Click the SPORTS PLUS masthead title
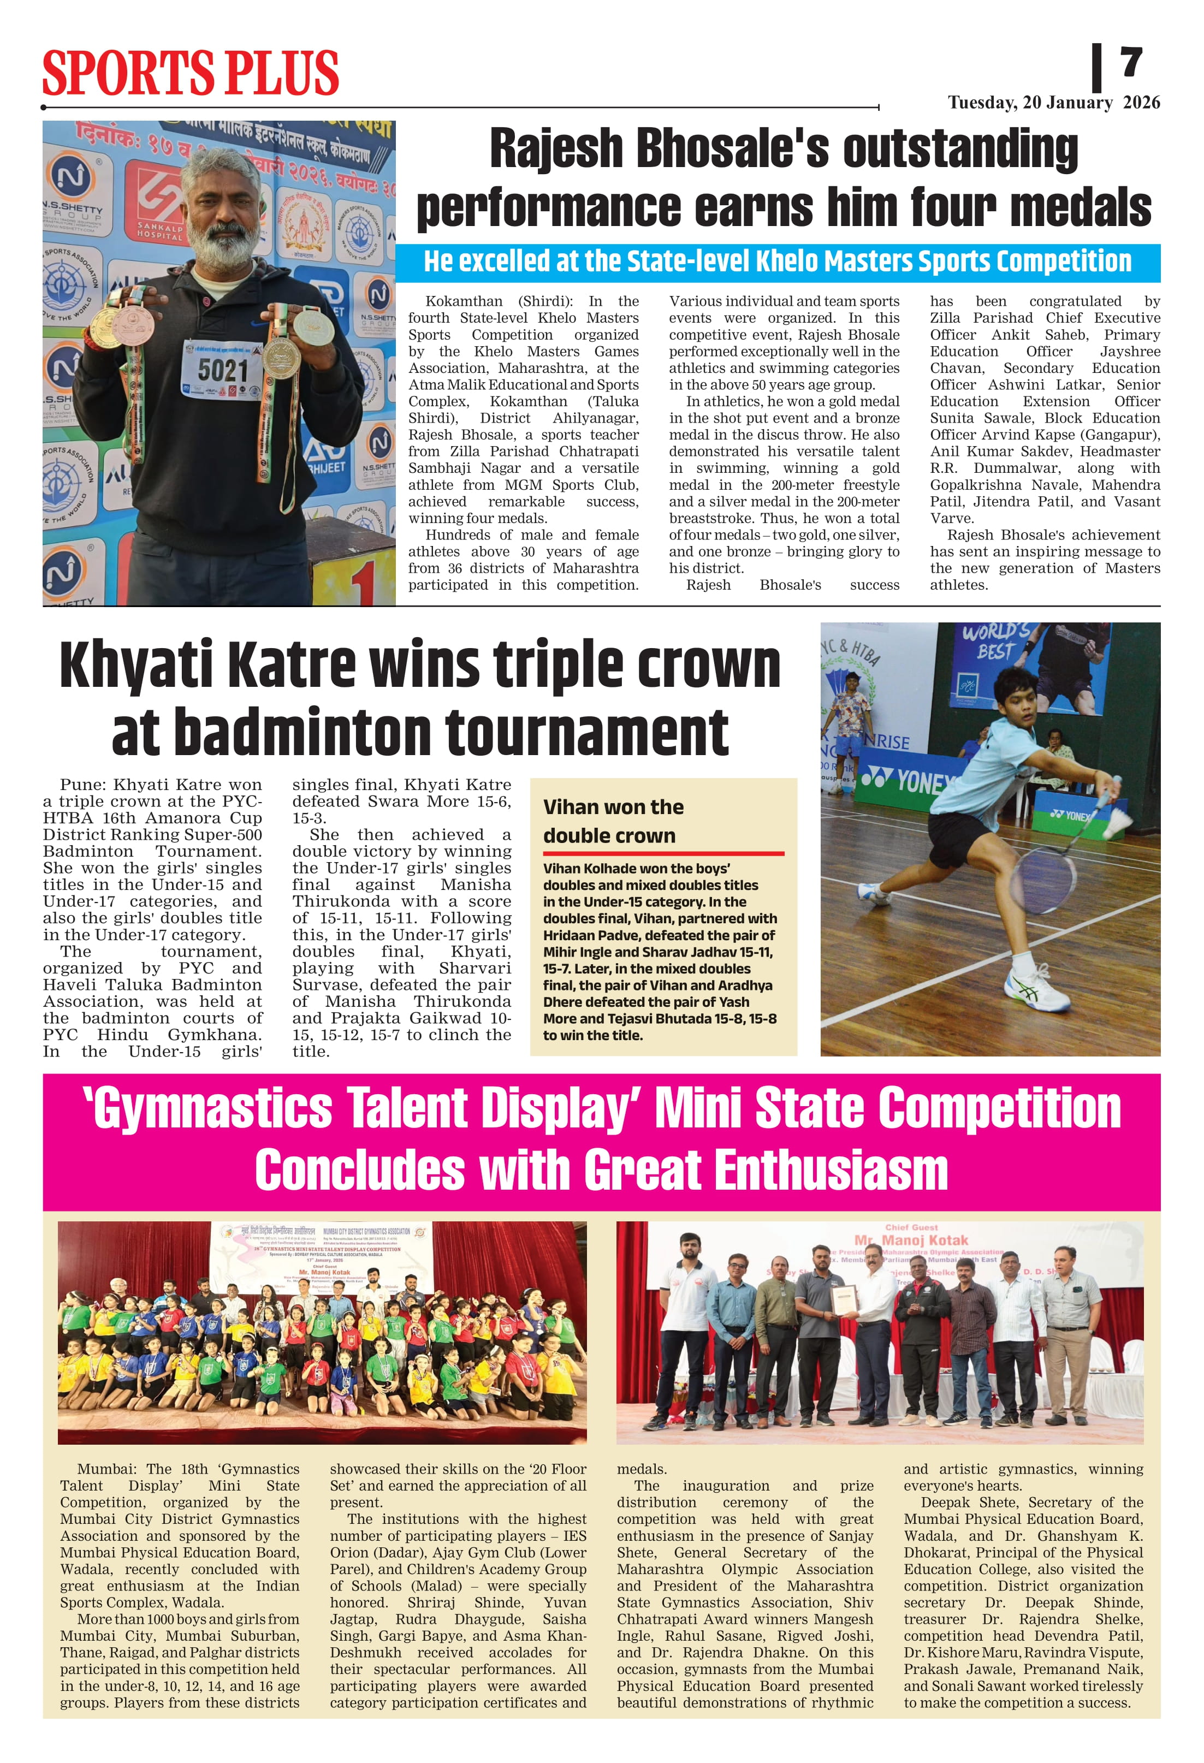(189, 73)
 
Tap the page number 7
(1130, 62)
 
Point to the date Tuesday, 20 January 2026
(1053, 103)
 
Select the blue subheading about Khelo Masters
(777, 262)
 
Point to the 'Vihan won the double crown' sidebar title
(613, 821)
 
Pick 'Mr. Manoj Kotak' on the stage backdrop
(910, 1240)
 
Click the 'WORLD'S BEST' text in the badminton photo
(995, 641)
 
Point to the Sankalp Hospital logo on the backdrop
(159, 205)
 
